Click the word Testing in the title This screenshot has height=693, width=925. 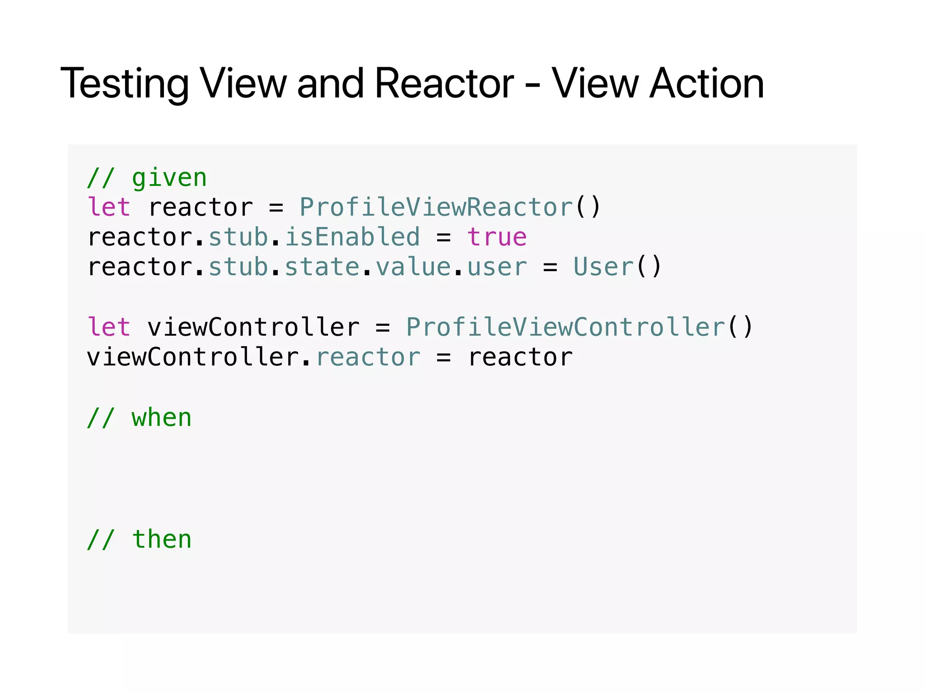tap(125, 84)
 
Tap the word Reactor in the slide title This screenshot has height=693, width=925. tap(444, 84)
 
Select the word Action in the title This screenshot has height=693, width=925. tap(706, 84)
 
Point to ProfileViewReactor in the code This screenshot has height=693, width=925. tap(436, 208)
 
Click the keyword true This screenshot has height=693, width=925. tap(497, 237)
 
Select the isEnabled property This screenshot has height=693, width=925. tap(352, 237)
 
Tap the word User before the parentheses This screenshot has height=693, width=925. tap(603, 267)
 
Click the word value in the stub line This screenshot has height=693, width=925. tap(413, 267)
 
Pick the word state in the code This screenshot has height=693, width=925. tap(322, 267)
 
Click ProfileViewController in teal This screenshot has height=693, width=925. tap(565, 327)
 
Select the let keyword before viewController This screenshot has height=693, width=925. tap(109, 327)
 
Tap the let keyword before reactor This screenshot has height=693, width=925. tap(109, 208)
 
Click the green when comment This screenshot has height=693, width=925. tap(161, 418)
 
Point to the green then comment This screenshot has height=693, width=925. tap(161, 540)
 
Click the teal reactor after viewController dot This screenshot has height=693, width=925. tap(368, 357)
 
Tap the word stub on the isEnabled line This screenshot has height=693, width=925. tap(238, 237)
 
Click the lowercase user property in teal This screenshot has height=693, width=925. tap(497, 267)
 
